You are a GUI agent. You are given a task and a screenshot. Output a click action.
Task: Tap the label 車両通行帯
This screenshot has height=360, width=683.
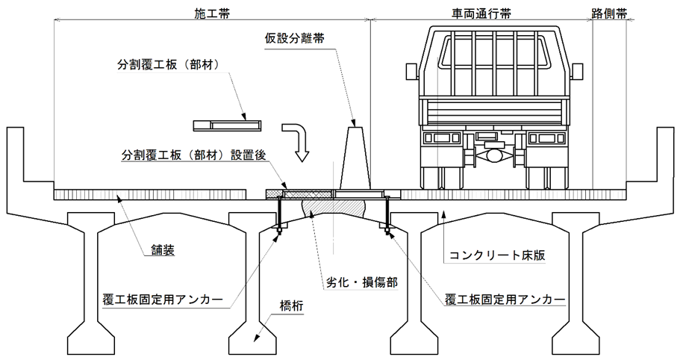click(x=481, y=13)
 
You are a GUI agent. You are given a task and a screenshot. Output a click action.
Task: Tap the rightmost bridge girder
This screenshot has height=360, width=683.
click(x=575, y=284)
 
